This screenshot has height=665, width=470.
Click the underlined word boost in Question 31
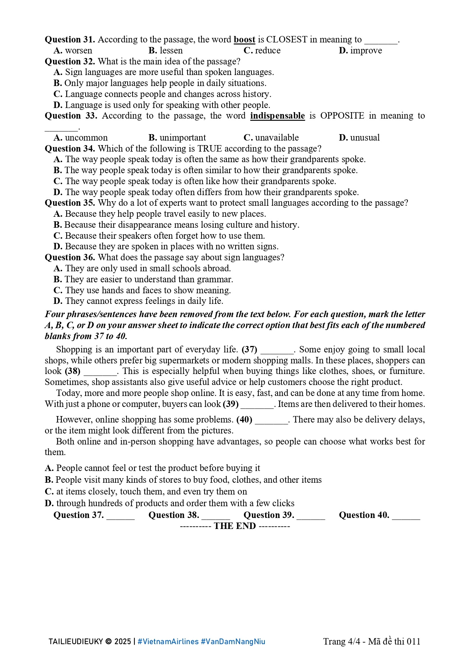(244, 40)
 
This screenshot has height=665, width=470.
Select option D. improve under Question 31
(361, 51)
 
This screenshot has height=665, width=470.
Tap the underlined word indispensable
(277, 116)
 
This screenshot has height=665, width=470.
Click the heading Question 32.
(69, 61)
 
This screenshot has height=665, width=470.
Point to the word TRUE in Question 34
(209, 149)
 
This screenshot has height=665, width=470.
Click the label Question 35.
(69, 203)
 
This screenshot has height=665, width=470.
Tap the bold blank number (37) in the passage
(249, 349)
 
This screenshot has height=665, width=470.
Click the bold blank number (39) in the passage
(231, 404)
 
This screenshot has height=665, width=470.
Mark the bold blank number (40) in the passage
(244, 420)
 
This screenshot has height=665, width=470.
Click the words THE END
(235, 526)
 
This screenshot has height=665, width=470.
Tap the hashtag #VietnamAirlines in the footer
(168, 642)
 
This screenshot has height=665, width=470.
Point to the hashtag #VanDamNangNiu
(233, 642)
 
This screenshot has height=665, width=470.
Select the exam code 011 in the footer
(414, 642)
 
